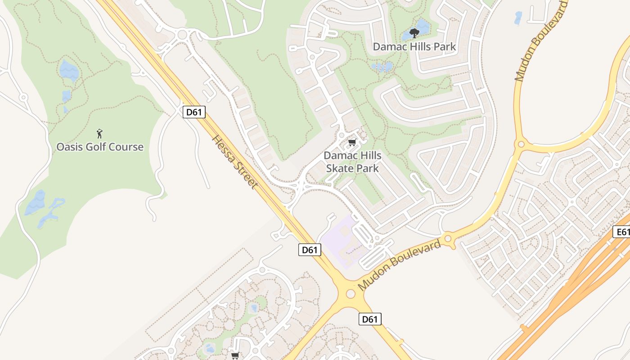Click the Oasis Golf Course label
[x=100, y=147]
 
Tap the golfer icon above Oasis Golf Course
[x=100, y=134]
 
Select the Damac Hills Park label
[x=414, y=46]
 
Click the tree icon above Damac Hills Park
[x=414, y=33]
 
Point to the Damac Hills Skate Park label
[x=352, y=162]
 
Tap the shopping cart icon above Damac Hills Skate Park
[x=352, y=143]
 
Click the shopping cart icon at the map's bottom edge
[x=235, y=355]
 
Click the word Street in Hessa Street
[x=246, y=176]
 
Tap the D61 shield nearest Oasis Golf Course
[x=194, y=112]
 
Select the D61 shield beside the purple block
[x=310, y=250]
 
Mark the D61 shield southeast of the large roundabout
[x=370, y=319]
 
